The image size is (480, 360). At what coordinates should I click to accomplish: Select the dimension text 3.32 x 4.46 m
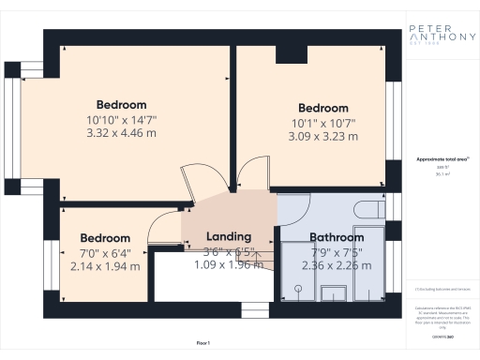tap(122, 134)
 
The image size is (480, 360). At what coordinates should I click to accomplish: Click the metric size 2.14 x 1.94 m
tap(105, 266)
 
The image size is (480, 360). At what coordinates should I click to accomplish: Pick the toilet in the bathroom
tap(372, 208)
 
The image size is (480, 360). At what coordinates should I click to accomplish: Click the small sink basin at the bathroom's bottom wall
tap(333, 294)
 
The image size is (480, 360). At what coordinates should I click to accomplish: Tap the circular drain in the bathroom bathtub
tap(297, 291)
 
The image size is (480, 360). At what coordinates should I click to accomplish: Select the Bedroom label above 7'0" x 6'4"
tap(105, 237)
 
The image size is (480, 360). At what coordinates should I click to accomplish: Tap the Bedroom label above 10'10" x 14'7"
tap(122, 104)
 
